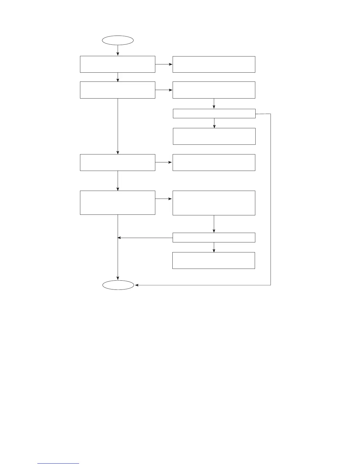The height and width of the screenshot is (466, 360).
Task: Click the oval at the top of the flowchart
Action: (x=118, y=40)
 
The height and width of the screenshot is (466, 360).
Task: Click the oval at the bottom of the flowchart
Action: (x=118, y=285)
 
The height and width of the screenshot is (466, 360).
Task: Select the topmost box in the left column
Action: (x=117, y=64)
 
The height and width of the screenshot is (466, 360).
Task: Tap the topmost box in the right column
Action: (x=214, y=64)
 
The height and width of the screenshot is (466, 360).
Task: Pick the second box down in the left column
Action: (x=117, y=90)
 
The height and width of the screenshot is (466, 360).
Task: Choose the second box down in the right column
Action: (x=214, y=90)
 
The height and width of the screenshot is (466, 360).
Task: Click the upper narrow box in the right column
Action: (x=214, y=114)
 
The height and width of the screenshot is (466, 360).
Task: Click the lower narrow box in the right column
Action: (x=214, y=237)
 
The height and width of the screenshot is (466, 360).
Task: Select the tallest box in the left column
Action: (x=117, y=202)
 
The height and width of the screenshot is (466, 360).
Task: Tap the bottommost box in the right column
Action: (x=214, y=260)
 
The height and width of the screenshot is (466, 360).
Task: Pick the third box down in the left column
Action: (x=117, y=162)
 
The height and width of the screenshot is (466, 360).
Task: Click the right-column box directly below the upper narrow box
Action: (x=214, y=136)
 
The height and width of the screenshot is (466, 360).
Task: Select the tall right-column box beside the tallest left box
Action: (x=214, y=203)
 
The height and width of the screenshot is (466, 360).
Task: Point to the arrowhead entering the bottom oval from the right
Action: (x=136, y=285)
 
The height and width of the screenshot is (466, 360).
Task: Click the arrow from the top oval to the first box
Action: (x=118, y=50)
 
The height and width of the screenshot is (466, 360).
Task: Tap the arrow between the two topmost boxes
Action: (x=164, y=64)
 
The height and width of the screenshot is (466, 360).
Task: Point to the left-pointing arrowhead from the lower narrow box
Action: (x=119, y=238)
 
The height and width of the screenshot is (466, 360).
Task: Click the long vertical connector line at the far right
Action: (x=270, y=200)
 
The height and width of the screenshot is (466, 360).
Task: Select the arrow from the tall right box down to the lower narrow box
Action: (x=214, y=224)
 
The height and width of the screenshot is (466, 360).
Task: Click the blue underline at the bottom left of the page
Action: (x=58, y=463)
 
